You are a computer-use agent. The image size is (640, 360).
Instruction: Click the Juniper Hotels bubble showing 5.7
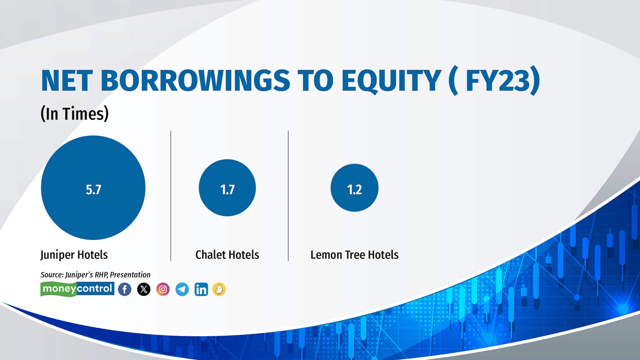click(93, 187)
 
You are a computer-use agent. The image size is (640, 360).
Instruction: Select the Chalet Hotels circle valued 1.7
click(227, 187)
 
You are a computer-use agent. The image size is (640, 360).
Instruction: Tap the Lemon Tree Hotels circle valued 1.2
click(354, 187)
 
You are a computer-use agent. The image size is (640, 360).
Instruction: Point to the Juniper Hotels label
click(74, 255)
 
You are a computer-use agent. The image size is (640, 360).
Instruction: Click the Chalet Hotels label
click(227, 255)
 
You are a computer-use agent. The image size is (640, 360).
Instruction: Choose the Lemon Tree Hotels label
click(354, 255)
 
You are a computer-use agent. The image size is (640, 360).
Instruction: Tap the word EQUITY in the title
click(391, 81)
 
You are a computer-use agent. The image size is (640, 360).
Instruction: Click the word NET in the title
click(67, 80)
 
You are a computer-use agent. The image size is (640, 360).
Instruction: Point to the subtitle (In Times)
click(75, 113)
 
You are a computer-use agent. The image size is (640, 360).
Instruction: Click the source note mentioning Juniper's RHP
click(95, 275)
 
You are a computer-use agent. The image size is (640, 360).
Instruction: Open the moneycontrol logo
click(77, 289)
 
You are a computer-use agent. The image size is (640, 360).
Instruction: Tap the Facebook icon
click(125, 289)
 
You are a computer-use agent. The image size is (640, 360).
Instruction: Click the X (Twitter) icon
click(144, 289)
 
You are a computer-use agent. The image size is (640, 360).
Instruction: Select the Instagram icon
click(163, 289)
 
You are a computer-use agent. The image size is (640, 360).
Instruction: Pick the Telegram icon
click(182, 289)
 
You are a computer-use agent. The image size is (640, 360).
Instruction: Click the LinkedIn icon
click(201, 289)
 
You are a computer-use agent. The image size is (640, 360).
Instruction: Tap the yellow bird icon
click(219, 289)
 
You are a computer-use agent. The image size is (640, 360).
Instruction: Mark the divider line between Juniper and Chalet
click(171, 196)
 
